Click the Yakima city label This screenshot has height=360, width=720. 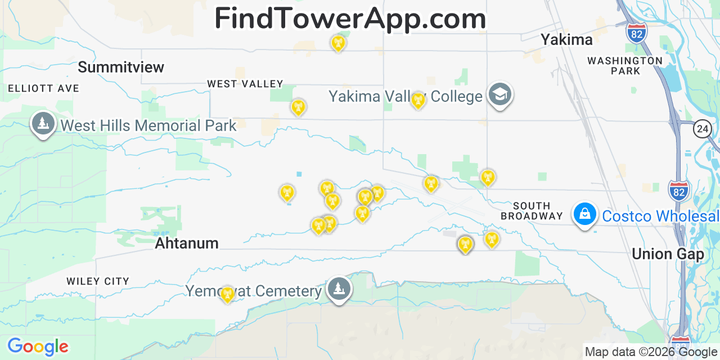coord(566,39)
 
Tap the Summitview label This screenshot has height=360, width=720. coord(121,67)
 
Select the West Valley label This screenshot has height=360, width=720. coord(245,84)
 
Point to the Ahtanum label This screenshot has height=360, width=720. coord(186,243)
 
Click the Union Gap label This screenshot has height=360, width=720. coord(668,254)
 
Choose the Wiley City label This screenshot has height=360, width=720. coord(98,281)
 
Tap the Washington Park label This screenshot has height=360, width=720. coord(625,66)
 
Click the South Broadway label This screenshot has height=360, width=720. coord(532,211)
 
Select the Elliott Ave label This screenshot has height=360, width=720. coord(44,88)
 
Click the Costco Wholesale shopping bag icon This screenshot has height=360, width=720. coord(585,215)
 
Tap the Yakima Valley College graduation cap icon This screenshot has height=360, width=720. coord(499,94)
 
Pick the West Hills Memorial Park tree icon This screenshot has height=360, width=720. coord(43,123)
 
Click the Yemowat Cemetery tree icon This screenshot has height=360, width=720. coord(339,289)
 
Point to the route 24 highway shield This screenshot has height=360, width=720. coord(703,129)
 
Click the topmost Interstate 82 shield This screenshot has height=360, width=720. coord(636,32)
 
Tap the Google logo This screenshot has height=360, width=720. coord(38,346)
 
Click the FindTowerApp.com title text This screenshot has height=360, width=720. coord(350,19)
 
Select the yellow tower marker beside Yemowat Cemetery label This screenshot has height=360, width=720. coord(227,294)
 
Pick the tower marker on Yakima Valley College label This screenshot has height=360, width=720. coord(418,100)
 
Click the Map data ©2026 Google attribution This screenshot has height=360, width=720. coord(651,352)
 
